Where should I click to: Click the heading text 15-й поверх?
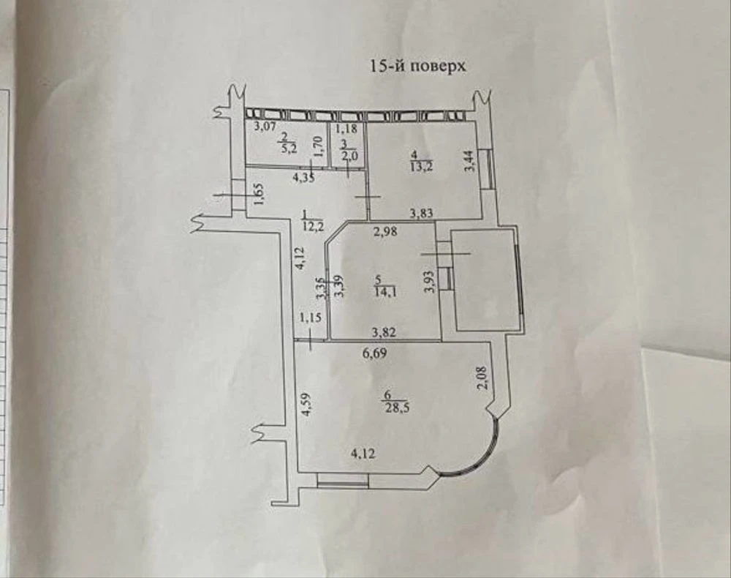pos(417,66)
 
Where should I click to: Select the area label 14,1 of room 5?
pos(385,293)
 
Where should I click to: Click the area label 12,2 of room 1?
pos(313,228)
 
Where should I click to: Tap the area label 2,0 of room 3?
pos(349,157)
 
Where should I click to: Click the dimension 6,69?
pos(375,353)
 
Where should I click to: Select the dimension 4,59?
pos(306,405)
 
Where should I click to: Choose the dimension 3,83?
pos(422,213)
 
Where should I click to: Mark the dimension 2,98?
pos(385,231)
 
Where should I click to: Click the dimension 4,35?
pos(303,178)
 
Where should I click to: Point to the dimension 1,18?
pos(346,127)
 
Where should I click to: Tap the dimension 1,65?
pos(260,193)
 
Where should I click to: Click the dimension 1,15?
pos(311,318)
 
